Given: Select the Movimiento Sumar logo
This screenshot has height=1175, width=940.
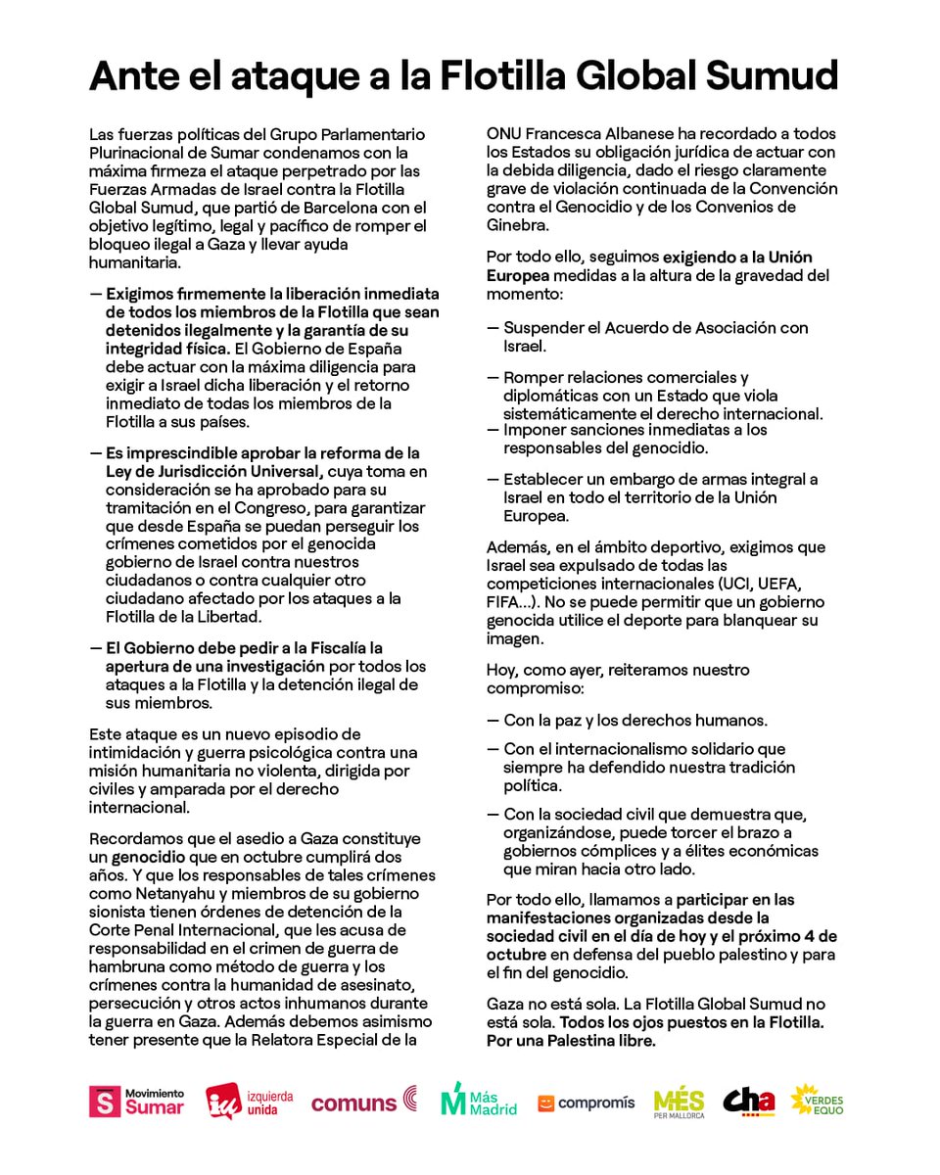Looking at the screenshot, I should click(x=136, y=1102).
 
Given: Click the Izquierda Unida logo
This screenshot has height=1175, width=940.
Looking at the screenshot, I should click(x=249, y=1102).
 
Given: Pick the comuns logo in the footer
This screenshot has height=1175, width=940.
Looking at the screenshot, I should click(x=364, y=1103).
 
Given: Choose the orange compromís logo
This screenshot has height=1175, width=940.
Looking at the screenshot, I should click(x=586, y=1103).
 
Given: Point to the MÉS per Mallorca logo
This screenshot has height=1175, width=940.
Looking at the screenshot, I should click(x=679, y=1103).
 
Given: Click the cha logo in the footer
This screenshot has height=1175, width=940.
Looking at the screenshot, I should click(x=749, y=1102).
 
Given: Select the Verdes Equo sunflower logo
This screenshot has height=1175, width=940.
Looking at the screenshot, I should click(x=817, y=1101).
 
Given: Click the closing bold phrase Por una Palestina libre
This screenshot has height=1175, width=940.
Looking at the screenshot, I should click(x=571, y=1041).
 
